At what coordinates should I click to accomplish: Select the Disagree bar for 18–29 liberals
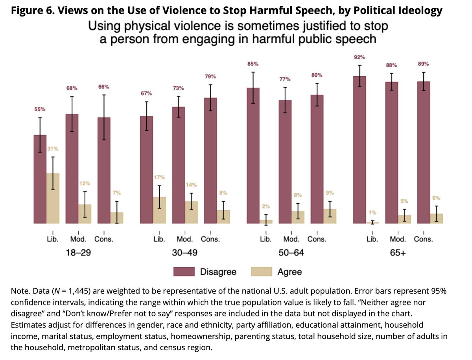pyautogui.click(x=40, y=179)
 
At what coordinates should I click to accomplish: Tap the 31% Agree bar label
pyautogui.click(x=53, y=149)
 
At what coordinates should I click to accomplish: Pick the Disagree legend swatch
pyautogui.click(x=183, y=272)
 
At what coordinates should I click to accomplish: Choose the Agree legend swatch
pyautogui.click(x=261, y=272)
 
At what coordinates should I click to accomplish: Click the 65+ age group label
pyautogui.click(x=398, y=253)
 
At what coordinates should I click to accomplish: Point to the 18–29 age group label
pyautogui.click(x=78, y=253)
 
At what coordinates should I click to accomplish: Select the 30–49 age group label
pyautogui.click(x=185, y=253)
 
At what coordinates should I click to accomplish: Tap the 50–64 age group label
pyautogui.click(x=291, y=253)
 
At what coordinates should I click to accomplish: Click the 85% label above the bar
pyautogui.click(x=253, y=64)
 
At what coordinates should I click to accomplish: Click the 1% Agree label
pyautogui.click(x=372, y=213)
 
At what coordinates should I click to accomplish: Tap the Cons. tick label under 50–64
pyautogui.click(x=317, y=239)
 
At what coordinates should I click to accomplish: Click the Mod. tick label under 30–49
pyautogui.click(x=184, y=239)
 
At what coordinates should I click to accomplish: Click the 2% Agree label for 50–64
pyautogui.click(x=266, y=206)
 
